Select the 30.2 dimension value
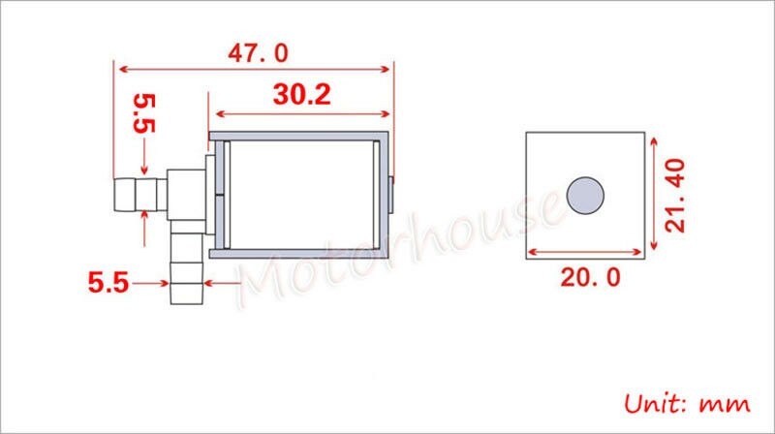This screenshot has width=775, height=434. pyautogui.click(x=301, y=95)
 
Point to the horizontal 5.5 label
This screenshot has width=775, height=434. pyautogui.click(x=109, y=284)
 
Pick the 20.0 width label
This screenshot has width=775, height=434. pyautogui.click(x=586, y=278)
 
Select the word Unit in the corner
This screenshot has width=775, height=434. pyautogui.click(x=656, y=401)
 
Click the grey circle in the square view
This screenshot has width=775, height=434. pyautogui.click(x=586, y=195)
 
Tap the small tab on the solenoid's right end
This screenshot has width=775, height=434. pyautogui.click(x=393, y=195)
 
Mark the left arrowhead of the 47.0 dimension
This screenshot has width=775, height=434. pyautogui.click(x=120, y=69)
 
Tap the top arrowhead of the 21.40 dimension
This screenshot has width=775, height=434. pyautogui.click(x=655, y=138)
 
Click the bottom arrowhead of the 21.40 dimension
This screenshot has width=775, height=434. pyautogui.click(x=655, y=254)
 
